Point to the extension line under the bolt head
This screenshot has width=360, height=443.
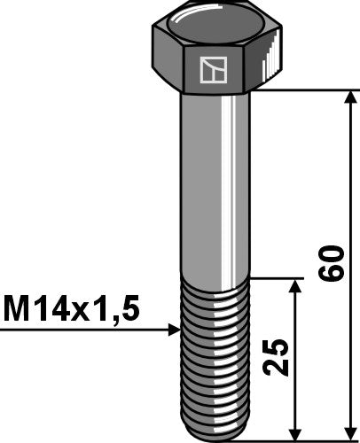click(301, 89)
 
